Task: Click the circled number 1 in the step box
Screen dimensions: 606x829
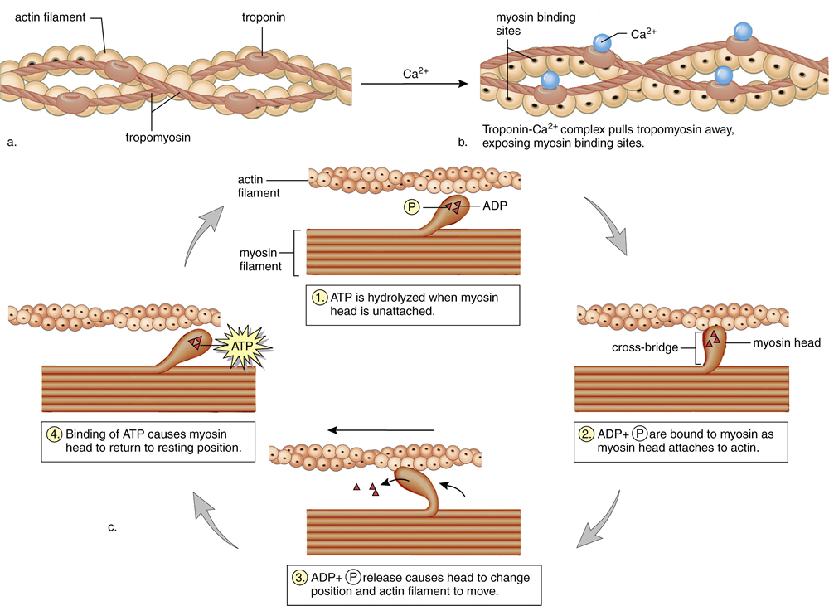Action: coord(320,296)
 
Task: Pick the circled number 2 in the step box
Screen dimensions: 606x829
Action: coord(587,434)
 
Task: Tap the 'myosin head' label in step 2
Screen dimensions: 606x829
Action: coord(787,342)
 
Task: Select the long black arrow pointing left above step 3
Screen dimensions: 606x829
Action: coord(381,429)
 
